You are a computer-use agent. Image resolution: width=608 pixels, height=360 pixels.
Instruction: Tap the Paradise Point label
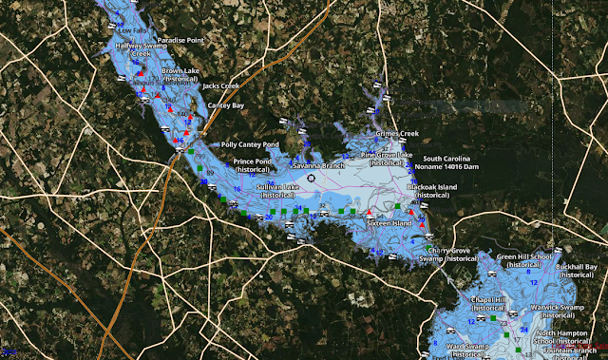tap(180, 41)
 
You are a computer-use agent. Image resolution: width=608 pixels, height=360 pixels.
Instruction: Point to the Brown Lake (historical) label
tap(180, 75)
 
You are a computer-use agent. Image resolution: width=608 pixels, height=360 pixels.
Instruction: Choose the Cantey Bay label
tap(226, 105)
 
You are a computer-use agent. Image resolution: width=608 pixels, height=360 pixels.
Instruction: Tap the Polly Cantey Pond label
tap(250, 145)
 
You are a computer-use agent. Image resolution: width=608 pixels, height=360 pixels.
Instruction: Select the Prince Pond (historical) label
tap(253, 165)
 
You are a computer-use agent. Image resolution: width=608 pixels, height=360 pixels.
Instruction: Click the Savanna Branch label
tap(318, 165)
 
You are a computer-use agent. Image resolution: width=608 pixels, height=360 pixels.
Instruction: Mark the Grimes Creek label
tap(397, 135)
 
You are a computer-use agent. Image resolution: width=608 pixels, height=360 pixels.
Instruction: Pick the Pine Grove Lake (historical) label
tap(387, 158)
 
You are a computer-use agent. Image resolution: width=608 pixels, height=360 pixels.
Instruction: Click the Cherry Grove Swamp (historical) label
tap(448, 254)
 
